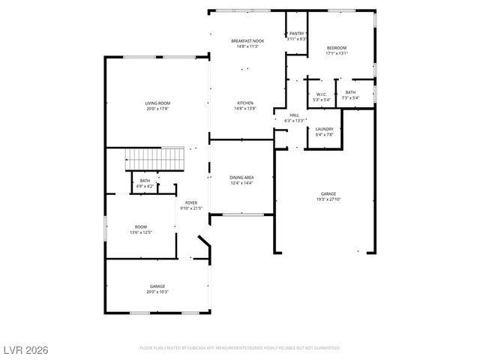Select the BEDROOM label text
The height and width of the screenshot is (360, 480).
336,48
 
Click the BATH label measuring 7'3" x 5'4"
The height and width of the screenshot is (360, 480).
350,93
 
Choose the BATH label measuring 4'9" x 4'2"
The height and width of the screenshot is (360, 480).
145,181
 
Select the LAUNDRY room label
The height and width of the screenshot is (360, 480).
324,129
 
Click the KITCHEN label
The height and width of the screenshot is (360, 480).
245,103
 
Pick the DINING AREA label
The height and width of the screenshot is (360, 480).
241,178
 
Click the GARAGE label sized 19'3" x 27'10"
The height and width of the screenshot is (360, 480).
328,194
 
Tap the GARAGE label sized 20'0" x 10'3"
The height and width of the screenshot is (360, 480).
157,286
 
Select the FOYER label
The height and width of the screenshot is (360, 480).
191,202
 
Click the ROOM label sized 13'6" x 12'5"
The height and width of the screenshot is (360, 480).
141,226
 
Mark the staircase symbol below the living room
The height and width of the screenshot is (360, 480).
154,159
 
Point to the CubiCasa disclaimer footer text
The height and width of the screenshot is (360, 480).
239,348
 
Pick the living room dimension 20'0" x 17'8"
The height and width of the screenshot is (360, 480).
157,109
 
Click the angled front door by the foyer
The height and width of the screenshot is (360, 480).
204,245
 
